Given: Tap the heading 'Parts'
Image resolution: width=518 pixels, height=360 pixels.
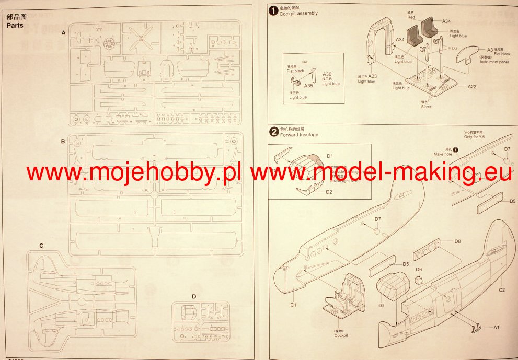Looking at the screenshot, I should (x=14, y=25).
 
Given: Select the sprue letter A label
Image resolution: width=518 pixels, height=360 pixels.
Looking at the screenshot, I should (x=63, y=32).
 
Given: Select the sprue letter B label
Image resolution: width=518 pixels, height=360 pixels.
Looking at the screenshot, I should (x=63, y=142).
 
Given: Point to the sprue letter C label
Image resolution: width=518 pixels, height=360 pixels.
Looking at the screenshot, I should (x=41, y=245).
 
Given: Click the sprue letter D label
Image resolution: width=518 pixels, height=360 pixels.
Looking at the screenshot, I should (x=194, y=297).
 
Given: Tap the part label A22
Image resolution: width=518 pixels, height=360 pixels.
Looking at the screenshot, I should (x=471, y=86).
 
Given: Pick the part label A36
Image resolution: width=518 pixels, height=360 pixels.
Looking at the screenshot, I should (x=327, y=74).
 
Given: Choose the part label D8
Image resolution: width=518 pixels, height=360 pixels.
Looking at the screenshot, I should (x=457, y=241).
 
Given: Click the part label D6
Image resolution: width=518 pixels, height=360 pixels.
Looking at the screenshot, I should (x=419, y=269).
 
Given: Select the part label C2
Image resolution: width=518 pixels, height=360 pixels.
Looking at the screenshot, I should (x=501, y=289).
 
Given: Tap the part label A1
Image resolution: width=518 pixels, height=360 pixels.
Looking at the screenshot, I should (x=497, y=327).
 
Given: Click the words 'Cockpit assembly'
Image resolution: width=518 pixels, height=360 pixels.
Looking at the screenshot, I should (x=299, y=13).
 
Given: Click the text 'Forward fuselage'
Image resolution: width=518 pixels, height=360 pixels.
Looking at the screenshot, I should (x=299, y=135).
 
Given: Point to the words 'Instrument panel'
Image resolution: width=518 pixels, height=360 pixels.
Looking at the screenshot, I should (x=494, y=62).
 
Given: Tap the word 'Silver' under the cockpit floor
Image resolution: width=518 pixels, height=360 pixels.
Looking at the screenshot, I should (x=426, y=106).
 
